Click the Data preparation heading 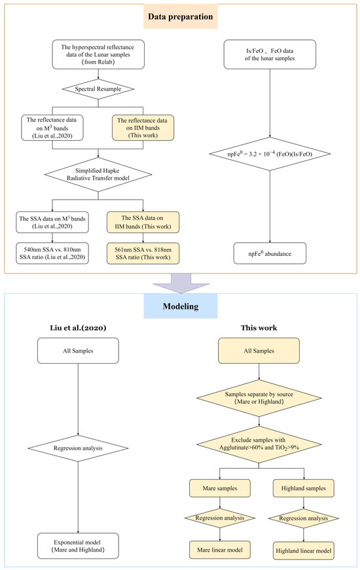click(181, 16)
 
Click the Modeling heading click(181, 306)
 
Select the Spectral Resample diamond click(98, 89)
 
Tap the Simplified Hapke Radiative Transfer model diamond click(98, 175)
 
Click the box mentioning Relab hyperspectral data click(98, 54)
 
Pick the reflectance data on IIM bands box click(143, 128)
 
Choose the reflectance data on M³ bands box click(52, 128)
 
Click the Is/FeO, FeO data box click(270, 54)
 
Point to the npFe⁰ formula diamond click(270, 154)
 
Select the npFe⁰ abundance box click(270, 254)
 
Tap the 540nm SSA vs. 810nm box click(52, 253)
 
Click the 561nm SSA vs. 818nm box click(143, 253)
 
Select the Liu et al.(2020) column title click(78, 328)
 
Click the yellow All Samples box click(259, 351)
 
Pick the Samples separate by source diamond click(259, 398)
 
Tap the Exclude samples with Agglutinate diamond click(259, 444)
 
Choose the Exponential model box click(78, 546)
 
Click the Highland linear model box click(303, 551)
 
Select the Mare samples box click(220, 488)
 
